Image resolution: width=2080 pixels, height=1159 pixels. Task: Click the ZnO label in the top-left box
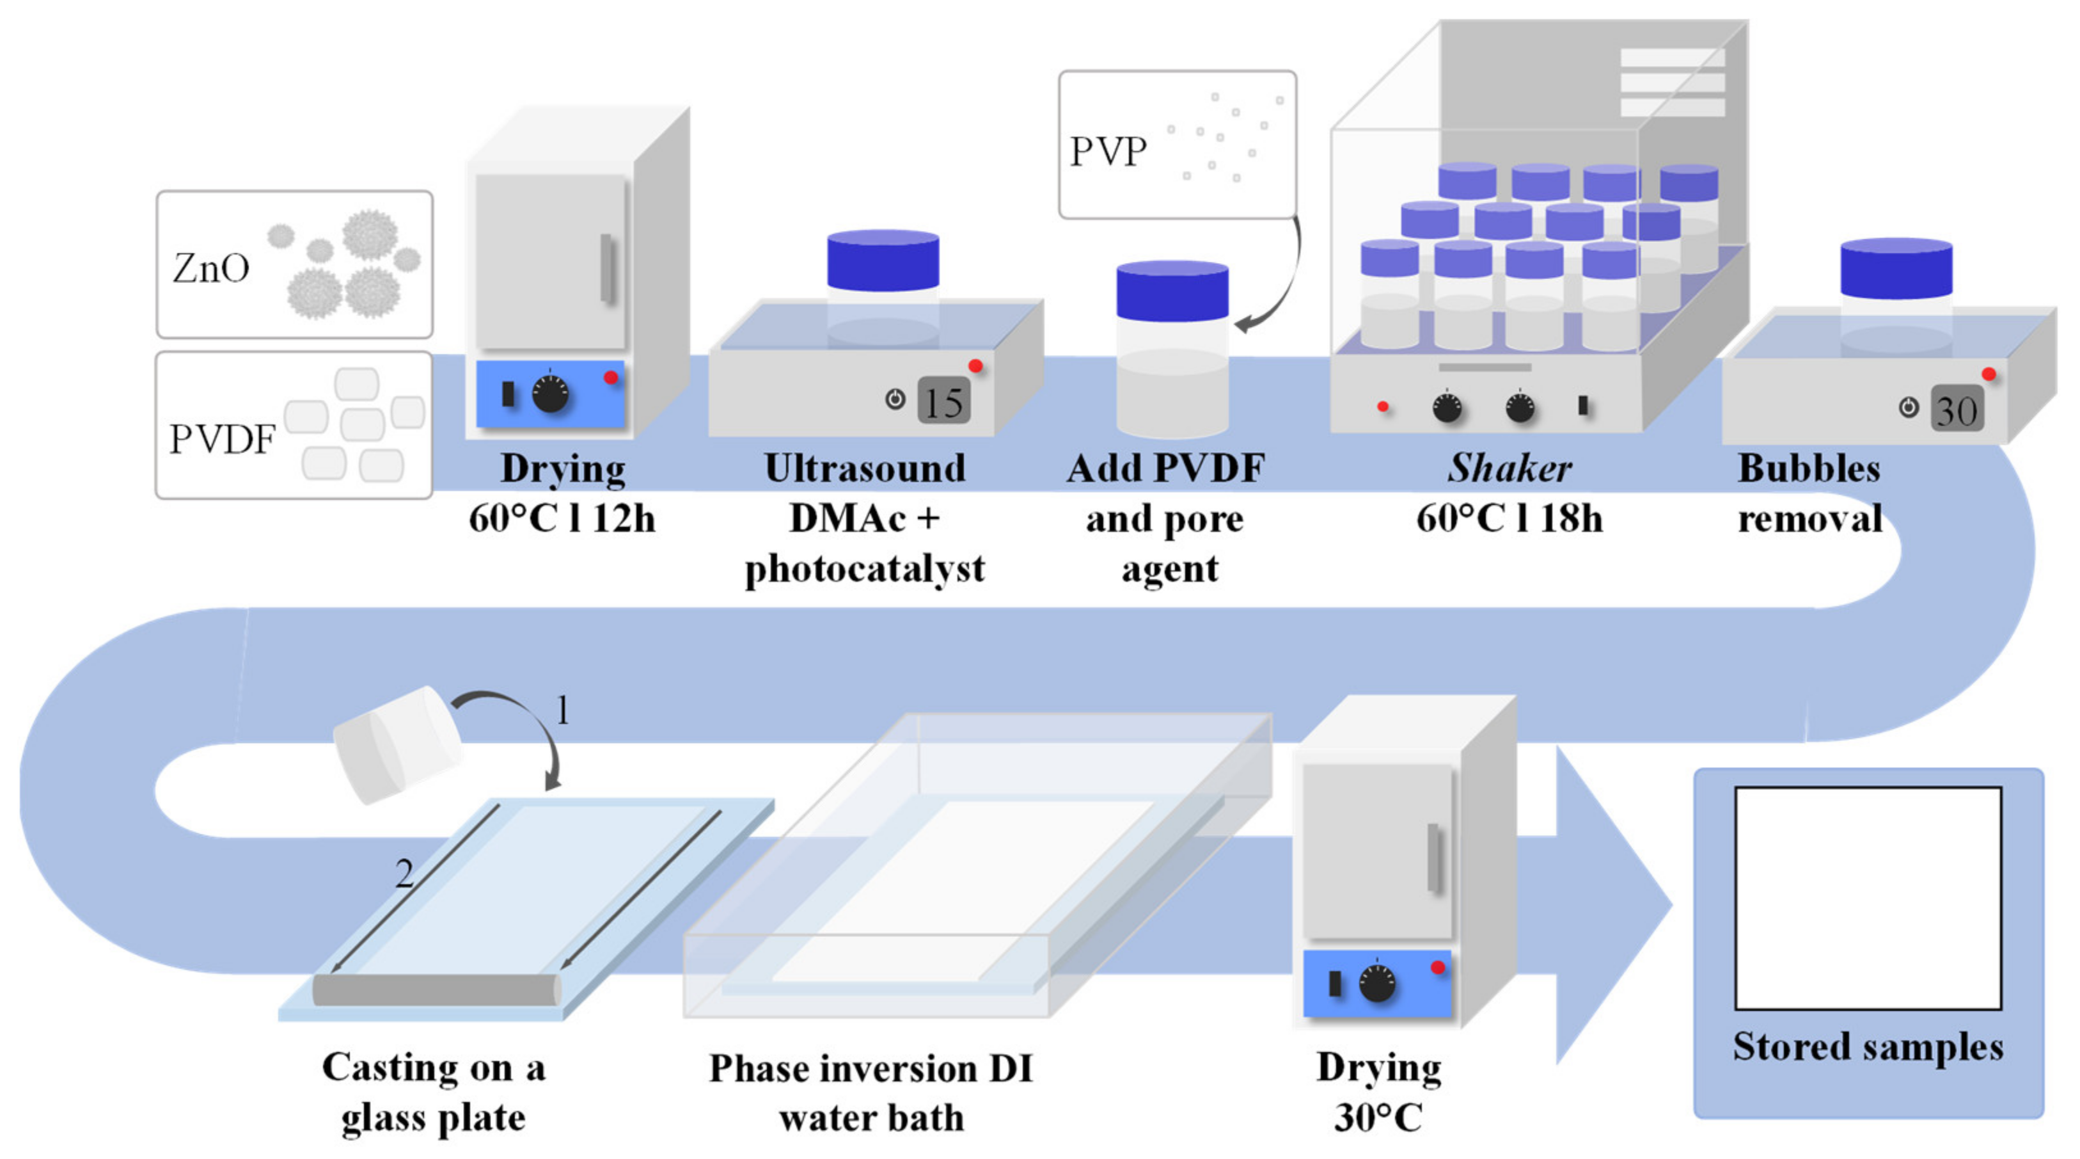click(x=210, y=268)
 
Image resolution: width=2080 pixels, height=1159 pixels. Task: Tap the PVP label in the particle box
click(x=1108, y=152)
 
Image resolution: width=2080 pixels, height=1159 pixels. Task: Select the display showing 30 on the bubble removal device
click(x=1957, y=410)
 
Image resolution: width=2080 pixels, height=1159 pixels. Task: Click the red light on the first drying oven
click(x=611, y=377)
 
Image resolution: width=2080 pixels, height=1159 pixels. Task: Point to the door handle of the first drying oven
click(x=607, y=269)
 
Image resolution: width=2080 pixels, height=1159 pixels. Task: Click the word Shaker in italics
click(x=1508, y=468)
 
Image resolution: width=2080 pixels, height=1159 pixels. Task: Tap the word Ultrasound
click(x=864, y=468)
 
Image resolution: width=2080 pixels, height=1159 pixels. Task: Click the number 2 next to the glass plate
click(x=404, y=873)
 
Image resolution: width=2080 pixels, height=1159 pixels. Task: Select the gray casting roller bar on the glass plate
click(x=436, y=989)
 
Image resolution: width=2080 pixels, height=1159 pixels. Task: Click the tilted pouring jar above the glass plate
click(x=398, y=744)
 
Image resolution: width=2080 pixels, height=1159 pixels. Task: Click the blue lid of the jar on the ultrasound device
click(x=883, y=260)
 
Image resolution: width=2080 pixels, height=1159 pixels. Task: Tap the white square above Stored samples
click(x=1868, y=897)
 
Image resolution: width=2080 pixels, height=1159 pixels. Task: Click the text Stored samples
click(x=1868, y=1047)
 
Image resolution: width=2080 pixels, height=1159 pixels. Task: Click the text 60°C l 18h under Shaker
click(x=1508, y=518)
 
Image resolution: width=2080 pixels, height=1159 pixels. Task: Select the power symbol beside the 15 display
click(x=895, y=399)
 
